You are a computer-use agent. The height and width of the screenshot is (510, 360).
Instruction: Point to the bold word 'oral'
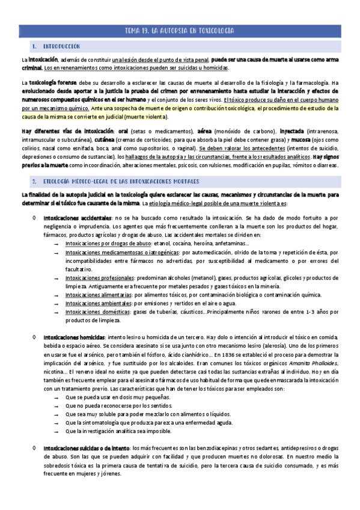click(x=124, y=131)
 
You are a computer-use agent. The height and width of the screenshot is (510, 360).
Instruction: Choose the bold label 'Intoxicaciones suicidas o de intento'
click(x=86, y=448)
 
